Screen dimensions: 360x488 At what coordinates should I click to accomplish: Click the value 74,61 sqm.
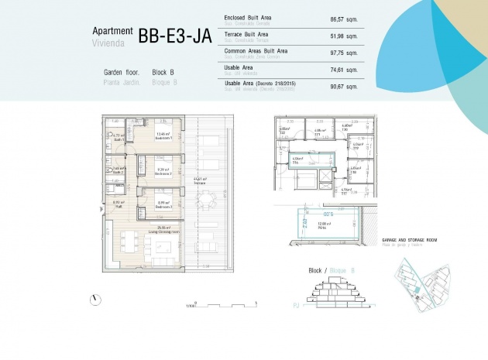[x=342, y=70]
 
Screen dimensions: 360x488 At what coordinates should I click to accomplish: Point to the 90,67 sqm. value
[x=342, y=86]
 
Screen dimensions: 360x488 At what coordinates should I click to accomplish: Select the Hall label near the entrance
[x=119, y=205]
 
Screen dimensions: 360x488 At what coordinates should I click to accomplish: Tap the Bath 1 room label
[x=119, y=138]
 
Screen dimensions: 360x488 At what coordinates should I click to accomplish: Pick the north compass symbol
[x=94, y=300]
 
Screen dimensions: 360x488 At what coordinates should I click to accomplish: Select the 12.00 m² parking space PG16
[x=322, y=225]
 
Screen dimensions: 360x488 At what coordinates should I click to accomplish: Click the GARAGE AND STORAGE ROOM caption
[x=410, y=241]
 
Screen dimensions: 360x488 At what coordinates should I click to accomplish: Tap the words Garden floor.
[x=122, y=71]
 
